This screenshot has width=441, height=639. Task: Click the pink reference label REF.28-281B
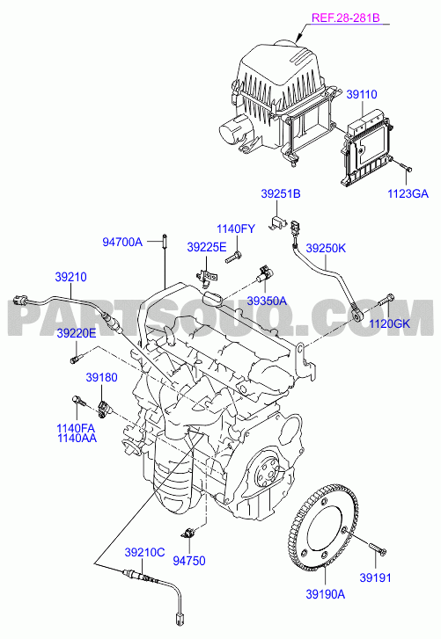click(x=346, y=18)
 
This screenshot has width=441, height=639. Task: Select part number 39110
click(x=362, y=94)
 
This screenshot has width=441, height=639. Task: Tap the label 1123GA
click(x=408, y=193)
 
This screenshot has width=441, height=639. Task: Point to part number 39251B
click(x=281, y=193)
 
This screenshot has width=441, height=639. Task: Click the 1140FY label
click(x=235, y=229)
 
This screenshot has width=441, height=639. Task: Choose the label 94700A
click(x=122, y=242)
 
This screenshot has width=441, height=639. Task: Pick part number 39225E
click(x=207, y=247)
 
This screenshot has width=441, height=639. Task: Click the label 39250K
click(x=326, y=248)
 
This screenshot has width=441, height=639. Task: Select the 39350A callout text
click(x=267, y=301)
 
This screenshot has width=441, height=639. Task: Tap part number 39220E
click(x=77, y=333)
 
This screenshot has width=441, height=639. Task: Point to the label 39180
click(x=101, y=377)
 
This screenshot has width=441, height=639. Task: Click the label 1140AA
click(x=77, y=438)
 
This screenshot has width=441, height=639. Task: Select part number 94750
click(x=189, y=561)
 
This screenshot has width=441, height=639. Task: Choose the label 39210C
click(x=144, y=553)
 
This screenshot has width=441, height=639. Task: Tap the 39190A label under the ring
click(x=326, y=594)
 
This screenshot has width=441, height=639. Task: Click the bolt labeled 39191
click(x=379, y=549)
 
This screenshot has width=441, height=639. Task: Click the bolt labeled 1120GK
click(x=386, y=300)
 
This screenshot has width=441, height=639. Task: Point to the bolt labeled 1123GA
click(x=406, y=167)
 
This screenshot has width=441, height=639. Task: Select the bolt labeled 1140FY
click(x=233, y=258)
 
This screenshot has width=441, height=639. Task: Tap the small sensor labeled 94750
click(x=188, y=533)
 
